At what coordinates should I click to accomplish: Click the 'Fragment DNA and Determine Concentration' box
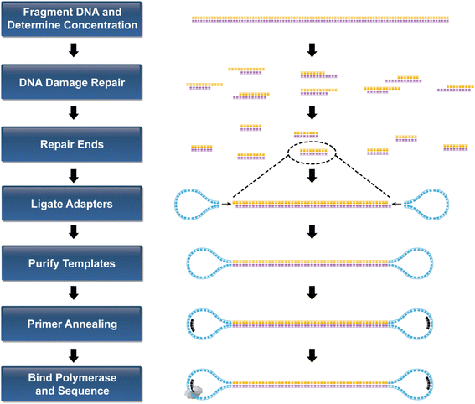click(73, 19)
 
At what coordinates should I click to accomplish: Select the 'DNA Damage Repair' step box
click(73, 82)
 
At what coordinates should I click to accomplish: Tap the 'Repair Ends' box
click(73, 144)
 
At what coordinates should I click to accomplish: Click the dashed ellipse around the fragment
click(312, 152)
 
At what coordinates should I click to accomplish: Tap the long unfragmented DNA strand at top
click(312, 19)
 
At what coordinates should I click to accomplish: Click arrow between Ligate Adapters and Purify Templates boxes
click(73, 235)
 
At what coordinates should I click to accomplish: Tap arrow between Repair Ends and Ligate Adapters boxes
click(73, 175)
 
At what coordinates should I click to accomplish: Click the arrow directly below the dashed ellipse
click(312, 176)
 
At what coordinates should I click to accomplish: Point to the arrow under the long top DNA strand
click(312, 50)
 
